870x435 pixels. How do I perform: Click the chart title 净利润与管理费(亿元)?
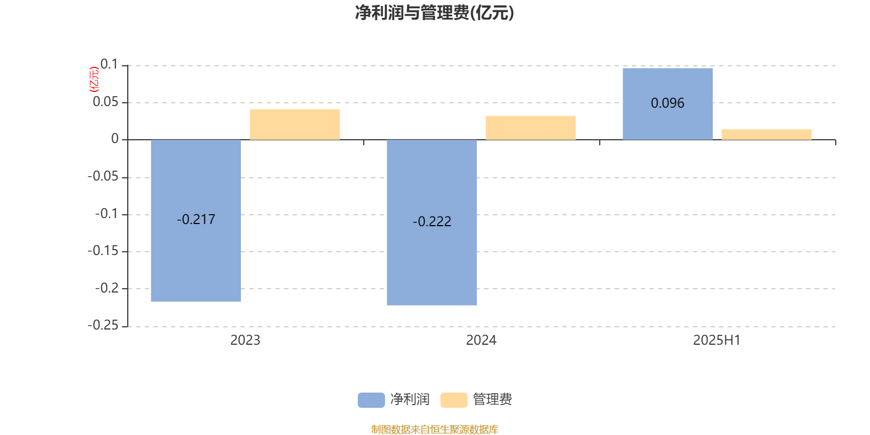pos(434,13)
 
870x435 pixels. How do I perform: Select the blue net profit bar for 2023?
pos(196,221)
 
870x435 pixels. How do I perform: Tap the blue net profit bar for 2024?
pos(432,222)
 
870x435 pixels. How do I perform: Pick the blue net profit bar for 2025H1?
pos(668,104)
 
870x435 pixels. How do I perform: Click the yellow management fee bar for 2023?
pos(295,125)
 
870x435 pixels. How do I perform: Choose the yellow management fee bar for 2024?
pos(531,128)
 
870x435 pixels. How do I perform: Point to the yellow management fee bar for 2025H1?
pos(767,134)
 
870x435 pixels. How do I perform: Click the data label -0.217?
pos(196,220)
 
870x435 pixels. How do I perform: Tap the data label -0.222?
pos(432,221)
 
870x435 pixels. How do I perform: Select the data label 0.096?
pos(668,103)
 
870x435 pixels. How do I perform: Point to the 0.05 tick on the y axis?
pos(105,102)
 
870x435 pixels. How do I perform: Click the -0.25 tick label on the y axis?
pos(103,325)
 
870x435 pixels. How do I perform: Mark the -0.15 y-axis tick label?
pos(103,251)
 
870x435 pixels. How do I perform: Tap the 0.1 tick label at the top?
pos(109,64)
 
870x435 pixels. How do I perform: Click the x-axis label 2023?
pos(245,340)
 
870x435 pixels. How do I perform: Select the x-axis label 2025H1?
pos(717,340)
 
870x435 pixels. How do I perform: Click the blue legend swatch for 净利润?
pos(371,400)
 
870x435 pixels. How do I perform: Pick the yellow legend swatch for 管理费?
pos(453,400)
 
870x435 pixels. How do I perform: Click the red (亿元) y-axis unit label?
pos(94,79)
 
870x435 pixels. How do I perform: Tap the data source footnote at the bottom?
pos(434,429)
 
